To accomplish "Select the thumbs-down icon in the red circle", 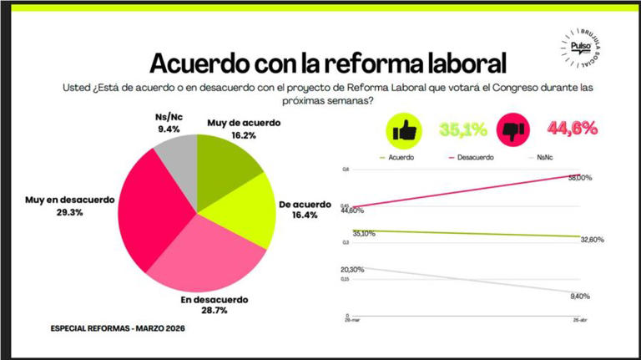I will click(511, 131).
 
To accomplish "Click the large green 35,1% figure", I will click(462, 130).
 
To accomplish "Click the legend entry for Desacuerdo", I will click(472, 157).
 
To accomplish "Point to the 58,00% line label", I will click(580, 177).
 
